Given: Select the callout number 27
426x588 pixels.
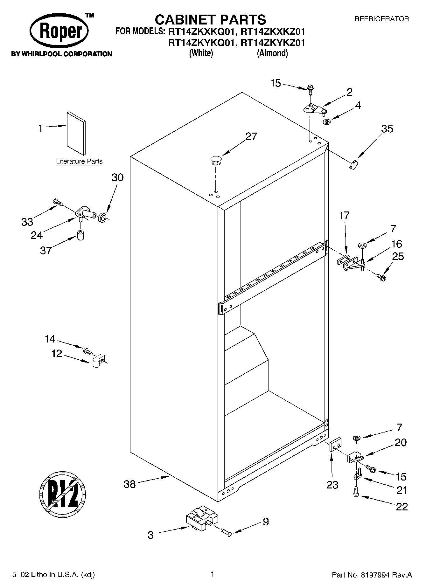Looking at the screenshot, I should point(251,136).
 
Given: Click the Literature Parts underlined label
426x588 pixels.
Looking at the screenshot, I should point(79,161).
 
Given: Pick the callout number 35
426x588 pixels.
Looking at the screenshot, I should point(387,129).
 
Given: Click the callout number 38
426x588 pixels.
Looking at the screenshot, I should point(129,485).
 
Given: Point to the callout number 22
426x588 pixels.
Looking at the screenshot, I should point(402,506).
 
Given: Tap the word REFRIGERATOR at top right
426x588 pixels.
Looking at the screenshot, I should point(381,19).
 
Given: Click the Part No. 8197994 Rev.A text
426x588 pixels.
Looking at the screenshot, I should point(372,575).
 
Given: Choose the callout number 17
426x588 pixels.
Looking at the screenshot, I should point(344,215).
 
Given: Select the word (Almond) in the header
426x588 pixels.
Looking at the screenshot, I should point(272,53).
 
